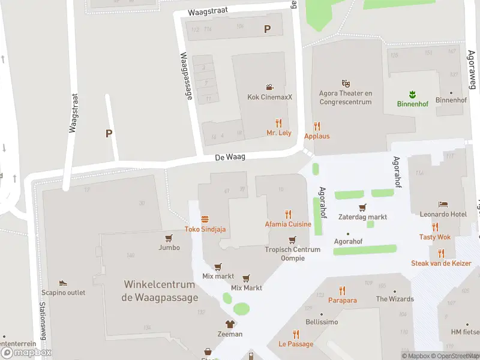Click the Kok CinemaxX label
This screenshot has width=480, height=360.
coord(269,97)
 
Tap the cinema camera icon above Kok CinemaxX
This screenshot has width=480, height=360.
coord(270,87)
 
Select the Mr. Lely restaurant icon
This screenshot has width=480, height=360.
coord(278,123)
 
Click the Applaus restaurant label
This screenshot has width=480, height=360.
coord(317,136)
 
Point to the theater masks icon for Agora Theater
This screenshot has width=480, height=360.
coord(346,83)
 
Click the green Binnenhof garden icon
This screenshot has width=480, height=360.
coord(412,94)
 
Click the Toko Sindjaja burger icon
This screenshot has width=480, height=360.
coord(205,219)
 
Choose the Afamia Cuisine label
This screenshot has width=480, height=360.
coord(288,224)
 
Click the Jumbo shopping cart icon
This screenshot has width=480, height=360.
coord(169,238)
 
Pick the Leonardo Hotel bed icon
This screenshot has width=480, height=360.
coord(443,205)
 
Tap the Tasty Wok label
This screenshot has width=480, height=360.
coord(434,237)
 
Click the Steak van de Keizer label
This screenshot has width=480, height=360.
coord(445,263)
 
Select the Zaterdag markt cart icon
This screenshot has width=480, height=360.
coord(362,208)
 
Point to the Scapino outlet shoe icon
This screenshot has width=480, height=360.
coord(63,283)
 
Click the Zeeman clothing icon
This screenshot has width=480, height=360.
coord(229,324)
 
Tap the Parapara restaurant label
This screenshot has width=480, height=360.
coord(342,300)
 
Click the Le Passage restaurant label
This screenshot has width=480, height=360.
coord(296,344)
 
